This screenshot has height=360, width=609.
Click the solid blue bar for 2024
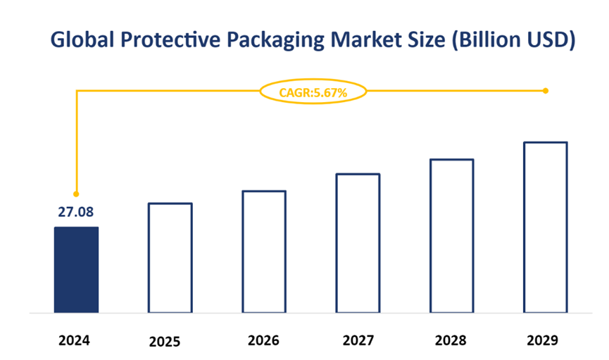pyautogui.click(x=76, y=269)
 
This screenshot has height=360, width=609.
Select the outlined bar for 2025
pyautogui.click(x=170, y=257)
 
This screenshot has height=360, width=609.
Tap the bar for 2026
pyautogui.click(x=264, y=251)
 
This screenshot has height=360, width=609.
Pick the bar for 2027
pyautogui.click(x=358, y=242)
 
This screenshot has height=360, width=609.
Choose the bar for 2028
pyautogui.click(x=452, y=235)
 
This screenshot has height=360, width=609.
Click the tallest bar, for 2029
pyautogui.click(x=546, y=227)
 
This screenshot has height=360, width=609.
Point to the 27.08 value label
pyautogui.click(x=76, y=212)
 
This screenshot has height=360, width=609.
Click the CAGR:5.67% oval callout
pyautogui.click(x=313, y=92)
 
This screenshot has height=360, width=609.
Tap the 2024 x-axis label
pyautogui.click(x=75, y=340)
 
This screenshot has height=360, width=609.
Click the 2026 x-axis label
pyautogui.click(x=263, y=340)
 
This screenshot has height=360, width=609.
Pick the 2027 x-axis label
pyautogui.click(x=358, y=340)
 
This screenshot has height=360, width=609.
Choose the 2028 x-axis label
pyautogui.click(x=451, y=340)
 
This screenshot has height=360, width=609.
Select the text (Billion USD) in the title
pyautogui.click(x=513, y=41)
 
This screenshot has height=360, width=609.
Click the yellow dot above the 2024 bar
pyautogui.click(x=76, y=194)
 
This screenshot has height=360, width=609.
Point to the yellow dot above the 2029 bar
pyautogui.click(x=546, y=91)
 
